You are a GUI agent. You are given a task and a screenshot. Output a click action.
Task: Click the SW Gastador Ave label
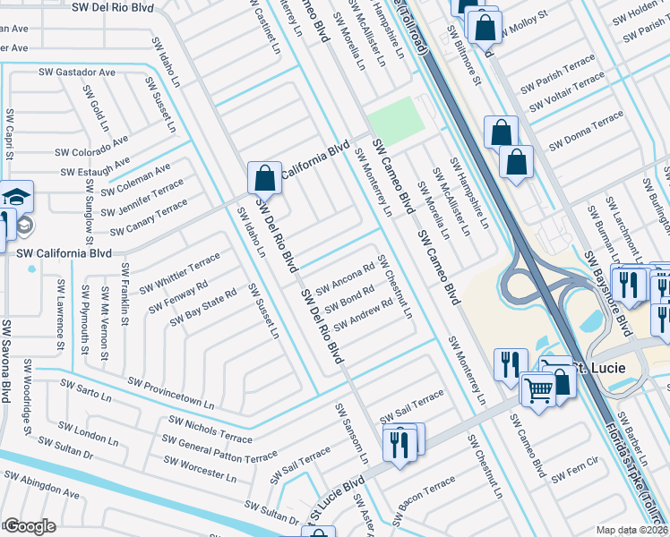pyautogui.click(x=77, y=72)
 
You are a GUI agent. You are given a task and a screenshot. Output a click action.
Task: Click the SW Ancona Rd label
pyautogui.click(x=341, y=279)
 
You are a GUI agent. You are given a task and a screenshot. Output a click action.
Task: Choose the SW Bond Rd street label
pyautogui.click(x=349, y=297)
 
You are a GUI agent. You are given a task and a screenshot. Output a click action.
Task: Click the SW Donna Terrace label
pyautogui.click(x=586, y=131)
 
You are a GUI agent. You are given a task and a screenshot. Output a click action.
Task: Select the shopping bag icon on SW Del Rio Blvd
pyautogui.click(x=264, y=178)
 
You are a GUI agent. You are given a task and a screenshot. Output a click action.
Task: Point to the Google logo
pyautogui.click(x=29, y=525)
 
